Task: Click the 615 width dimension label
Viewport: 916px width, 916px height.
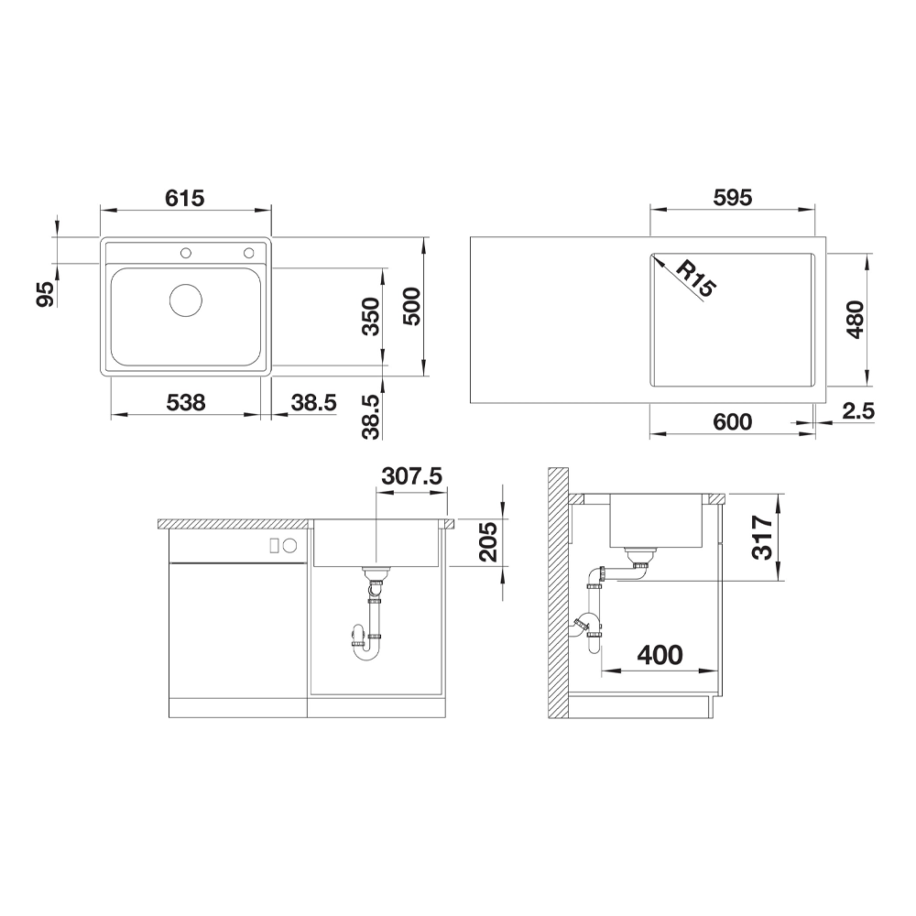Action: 185,199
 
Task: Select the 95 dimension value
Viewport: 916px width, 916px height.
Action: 45,293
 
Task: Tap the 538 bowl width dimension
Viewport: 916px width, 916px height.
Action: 186,402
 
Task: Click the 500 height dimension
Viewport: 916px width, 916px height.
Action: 412,307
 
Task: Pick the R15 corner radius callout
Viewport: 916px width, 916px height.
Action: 695,278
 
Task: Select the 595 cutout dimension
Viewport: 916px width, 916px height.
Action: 733,198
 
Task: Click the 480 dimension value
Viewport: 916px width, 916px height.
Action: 855,320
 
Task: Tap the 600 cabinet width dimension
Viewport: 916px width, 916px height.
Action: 733,421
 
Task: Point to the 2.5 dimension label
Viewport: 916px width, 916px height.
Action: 858,411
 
